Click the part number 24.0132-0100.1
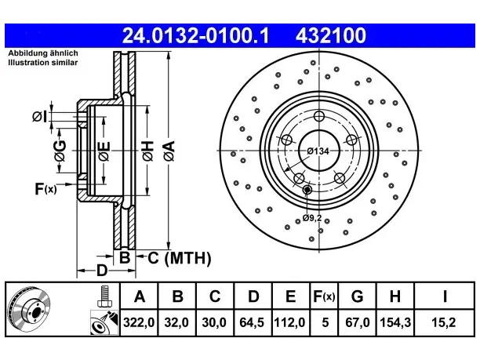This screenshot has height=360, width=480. point(195,35)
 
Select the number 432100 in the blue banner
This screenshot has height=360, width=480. point(331,35)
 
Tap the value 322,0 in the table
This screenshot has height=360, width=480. point(139,322)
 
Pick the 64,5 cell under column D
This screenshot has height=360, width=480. point(253,322)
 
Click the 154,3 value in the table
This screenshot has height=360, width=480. point(395,322)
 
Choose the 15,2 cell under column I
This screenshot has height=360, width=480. point(443,322)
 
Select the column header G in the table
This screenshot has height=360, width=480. point(357,296)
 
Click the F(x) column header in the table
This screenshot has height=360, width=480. point(324,296)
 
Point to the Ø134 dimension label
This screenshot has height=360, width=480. point(318,151)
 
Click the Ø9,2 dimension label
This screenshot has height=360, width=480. point(312,218)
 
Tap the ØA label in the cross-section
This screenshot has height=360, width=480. point(169,151)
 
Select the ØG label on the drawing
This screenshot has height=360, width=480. point(60,151)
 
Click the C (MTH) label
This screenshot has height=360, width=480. point(180,258)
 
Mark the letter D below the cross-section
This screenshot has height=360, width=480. point(102,271)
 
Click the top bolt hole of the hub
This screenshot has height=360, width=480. point(319,116)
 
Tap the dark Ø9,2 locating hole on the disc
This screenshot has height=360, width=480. point(307,190)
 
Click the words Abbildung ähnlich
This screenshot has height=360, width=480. point(43,53)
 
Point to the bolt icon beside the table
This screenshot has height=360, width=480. point(104,296)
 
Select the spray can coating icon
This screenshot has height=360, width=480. point(104,322)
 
